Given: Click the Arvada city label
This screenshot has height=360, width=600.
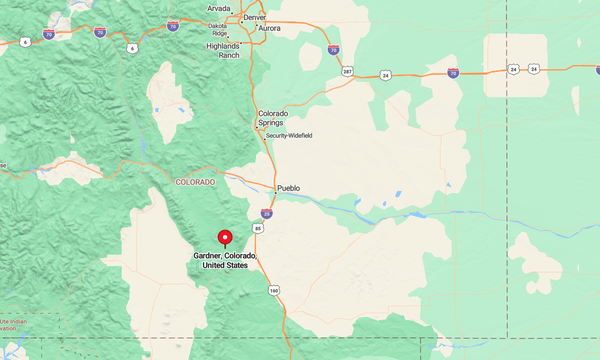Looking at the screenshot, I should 219,8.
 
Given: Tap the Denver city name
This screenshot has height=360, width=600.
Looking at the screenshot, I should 255,18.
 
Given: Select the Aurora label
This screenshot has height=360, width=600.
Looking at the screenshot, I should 270,28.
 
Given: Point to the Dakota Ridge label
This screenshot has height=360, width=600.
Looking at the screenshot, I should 218,29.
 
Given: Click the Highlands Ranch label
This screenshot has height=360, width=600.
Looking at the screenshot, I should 223,50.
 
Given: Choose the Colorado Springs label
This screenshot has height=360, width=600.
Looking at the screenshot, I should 273,118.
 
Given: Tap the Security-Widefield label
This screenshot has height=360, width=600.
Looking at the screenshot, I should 289,136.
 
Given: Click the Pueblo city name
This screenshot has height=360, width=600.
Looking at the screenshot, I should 288,188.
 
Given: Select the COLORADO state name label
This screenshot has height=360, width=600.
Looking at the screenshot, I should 195,182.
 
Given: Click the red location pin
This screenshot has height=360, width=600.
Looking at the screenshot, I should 225,238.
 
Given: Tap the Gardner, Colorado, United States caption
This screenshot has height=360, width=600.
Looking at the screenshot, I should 225,260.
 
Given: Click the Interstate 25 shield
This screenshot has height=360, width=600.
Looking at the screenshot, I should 266,214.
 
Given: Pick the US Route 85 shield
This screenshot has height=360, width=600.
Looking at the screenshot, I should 257,228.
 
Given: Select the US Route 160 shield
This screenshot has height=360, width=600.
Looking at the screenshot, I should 274,290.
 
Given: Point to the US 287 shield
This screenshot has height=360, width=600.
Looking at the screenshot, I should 347,71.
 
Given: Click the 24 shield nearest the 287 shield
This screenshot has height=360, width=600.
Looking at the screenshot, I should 385,76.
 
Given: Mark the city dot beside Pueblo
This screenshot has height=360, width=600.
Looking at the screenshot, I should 275,193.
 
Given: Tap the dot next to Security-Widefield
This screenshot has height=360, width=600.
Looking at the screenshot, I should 265,139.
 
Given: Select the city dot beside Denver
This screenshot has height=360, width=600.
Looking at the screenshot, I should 242,22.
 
